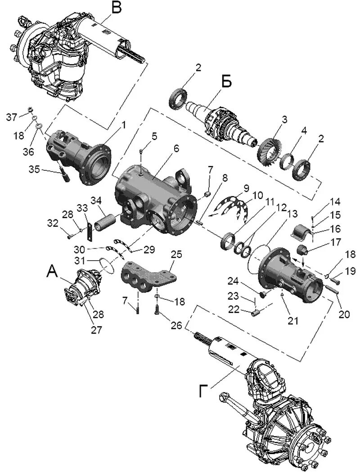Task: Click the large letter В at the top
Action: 116,8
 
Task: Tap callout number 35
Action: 34,170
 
